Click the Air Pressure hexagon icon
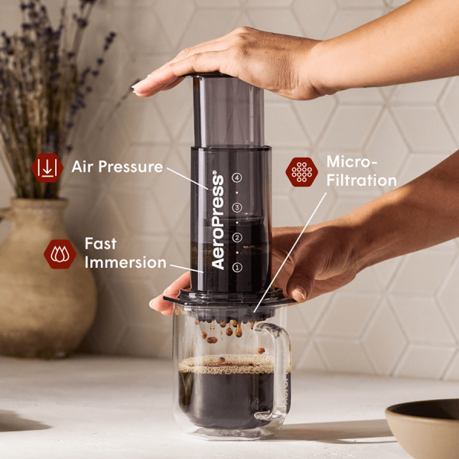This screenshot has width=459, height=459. [47, 168]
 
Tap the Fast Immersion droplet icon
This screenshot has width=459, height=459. [60, 254]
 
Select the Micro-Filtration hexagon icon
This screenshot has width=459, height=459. [302, 172]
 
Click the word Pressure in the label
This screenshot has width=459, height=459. [131, 167]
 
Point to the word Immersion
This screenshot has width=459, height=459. [125, 262]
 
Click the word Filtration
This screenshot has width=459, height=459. [362, 180]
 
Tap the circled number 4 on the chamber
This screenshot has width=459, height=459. [237, 177]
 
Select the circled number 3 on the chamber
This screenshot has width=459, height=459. [237, 207]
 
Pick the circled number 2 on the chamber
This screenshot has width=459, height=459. [237, 237]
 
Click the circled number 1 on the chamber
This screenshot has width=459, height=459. [237, 267]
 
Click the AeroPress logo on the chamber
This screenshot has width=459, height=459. [218, 220]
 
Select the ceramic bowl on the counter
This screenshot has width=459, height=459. [422, 428]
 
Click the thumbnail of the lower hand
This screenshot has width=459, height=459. [299, 292]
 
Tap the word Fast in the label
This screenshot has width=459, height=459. [101, 243]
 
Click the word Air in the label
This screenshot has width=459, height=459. [83, 167]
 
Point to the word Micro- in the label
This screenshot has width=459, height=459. [352, 161]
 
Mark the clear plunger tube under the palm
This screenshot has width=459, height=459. [228, 111]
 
